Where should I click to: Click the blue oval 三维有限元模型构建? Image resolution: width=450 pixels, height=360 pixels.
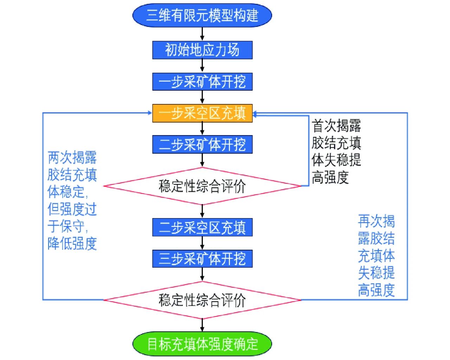[202, 15]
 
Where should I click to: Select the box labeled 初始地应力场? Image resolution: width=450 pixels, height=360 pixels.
[202, 50]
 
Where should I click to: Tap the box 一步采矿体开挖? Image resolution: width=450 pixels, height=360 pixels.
[202, 81]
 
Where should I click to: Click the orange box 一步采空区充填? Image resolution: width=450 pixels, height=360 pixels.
[202, 113]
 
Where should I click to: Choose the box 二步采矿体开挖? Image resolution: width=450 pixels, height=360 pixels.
[202, 144]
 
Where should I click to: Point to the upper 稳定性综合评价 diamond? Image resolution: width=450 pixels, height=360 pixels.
[202, 186]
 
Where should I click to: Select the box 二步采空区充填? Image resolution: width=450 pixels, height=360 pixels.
[202, 227]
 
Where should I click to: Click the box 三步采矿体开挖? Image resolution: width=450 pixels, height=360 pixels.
[202, 259]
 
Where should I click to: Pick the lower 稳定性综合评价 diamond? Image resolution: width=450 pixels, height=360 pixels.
[202, 300]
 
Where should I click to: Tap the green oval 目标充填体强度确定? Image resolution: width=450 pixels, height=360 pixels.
[202, 344]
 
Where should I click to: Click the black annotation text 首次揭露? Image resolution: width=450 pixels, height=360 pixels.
[336, 126]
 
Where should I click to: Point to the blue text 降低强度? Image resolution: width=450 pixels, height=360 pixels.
[72, 243]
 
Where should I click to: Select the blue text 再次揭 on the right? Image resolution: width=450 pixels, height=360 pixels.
[376, 221]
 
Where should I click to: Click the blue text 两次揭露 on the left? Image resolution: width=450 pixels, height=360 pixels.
[72, 158]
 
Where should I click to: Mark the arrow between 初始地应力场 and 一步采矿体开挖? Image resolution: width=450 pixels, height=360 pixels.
[202, 66]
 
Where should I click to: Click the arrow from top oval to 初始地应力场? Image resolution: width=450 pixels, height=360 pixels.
[202, 34]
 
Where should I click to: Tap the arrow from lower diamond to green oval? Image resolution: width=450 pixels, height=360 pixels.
[202, 325]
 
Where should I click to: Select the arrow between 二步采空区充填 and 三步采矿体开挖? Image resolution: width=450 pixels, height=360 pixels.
[202, 243]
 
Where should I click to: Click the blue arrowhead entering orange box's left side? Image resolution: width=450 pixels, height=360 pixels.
[149, 113]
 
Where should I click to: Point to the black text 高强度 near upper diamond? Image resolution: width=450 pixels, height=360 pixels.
[330, 177]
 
